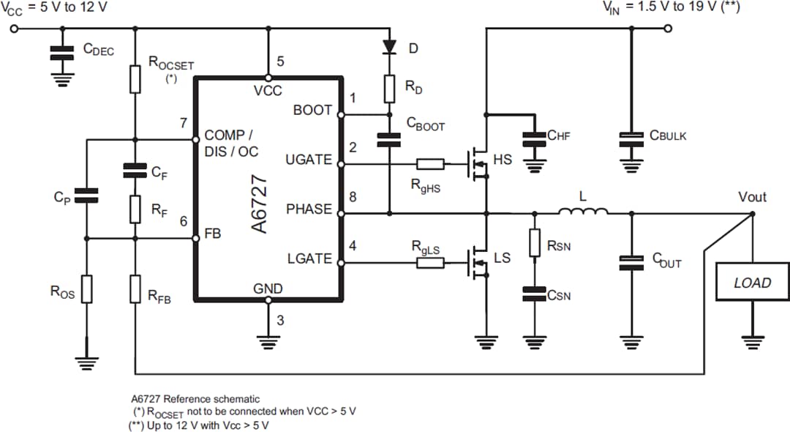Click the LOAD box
pyautogui.click(x=753, y=283)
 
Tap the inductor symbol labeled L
pyautogui.click(x=583, y=213)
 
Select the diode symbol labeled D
pyautogui.click(x=389, y=48)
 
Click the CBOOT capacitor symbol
pyautogui.click(x=389, y=139)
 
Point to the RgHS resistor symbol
pyautogui.click(x=430, y=164)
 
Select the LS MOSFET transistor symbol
pyautogui.click(x=478, y=261)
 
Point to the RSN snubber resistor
pyautogui.click(x=535, y=242)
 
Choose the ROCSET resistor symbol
pyautogui.click(x=135, y=79)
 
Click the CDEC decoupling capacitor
pyautogui.click(x=61, y=53)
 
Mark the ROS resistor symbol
pyautogui.click(x=87, y=289)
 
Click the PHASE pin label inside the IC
pyautogui.click(x=309, y=209)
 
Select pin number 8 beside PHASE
pyautogui.click(x=353, y=196)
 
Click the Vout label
pyautogui.click(x=752, y=197)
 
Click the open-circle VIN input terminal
pyautogui.click(x=668, y=29)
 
